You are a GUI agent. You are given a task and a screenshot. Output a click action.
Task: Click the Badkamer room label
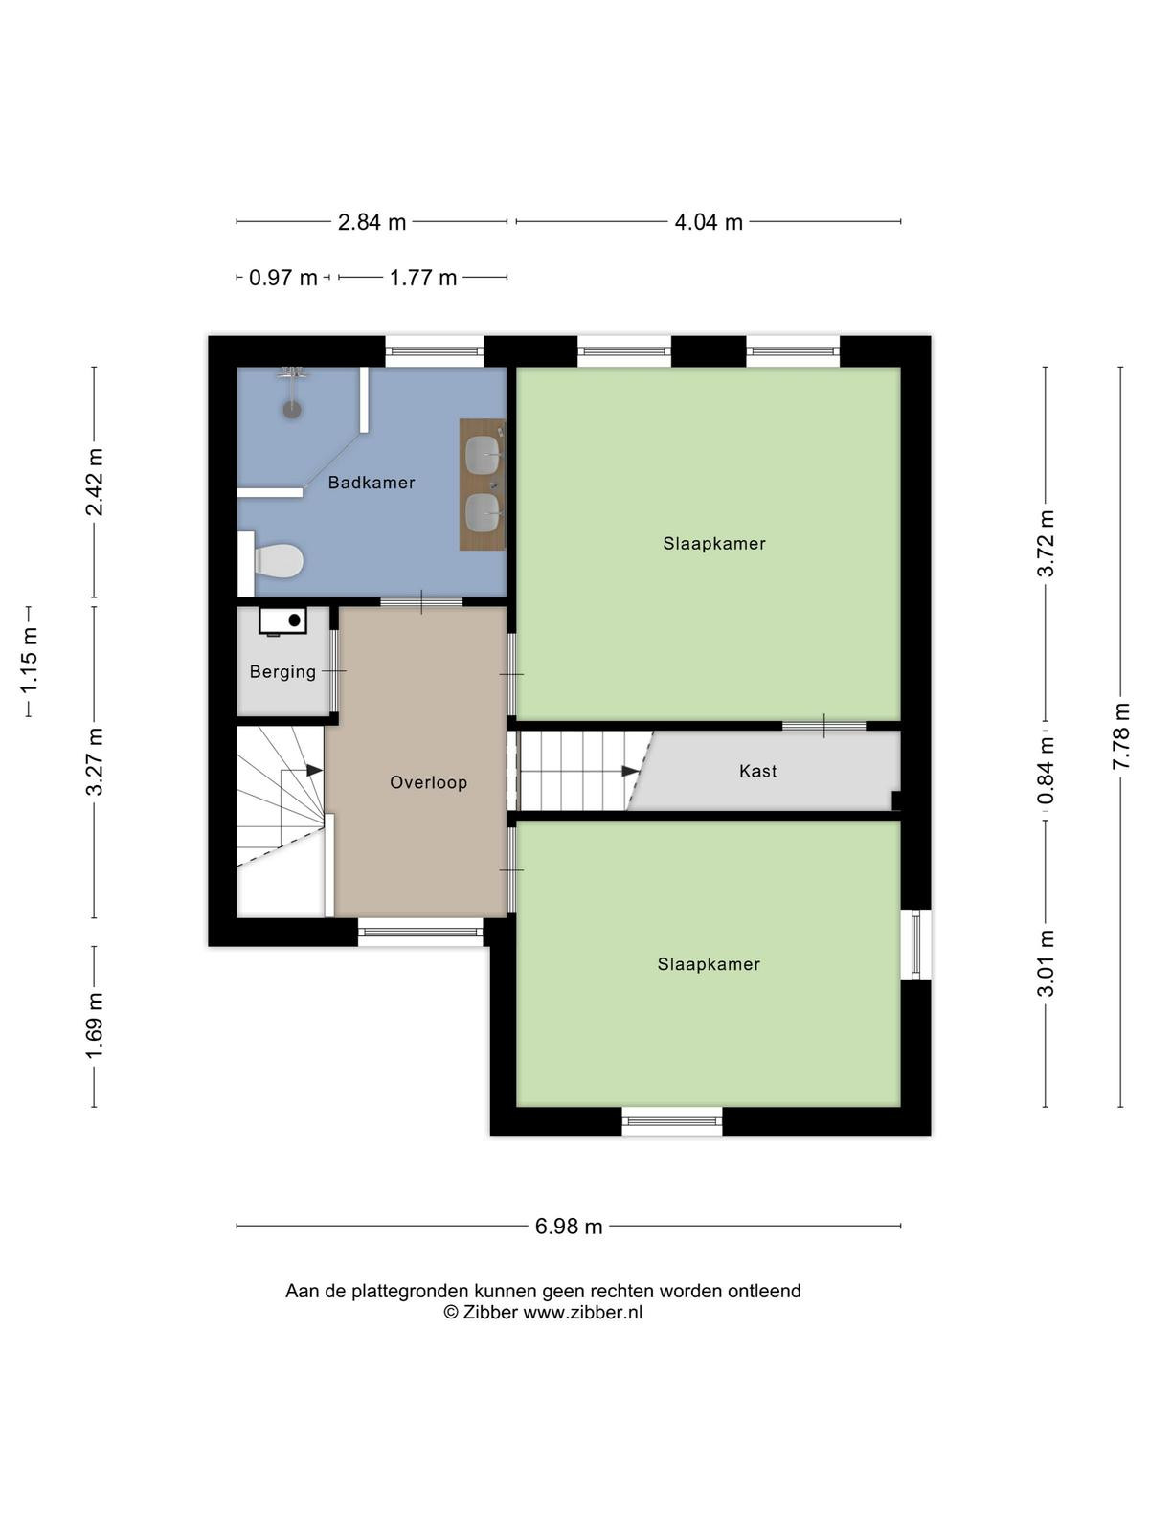tap(372, 483)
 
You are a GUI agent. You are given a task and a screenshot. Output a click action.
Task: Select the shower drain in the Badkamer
tap(292, 409)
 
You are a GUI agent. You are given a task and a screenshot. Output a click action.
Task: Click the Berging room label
tap(282, 671)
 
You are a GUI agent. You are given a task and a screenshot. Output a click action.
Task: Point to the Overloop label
tap(428, 782)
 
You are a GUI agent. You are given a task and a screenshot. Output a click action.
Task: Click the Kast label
tap(757, 771)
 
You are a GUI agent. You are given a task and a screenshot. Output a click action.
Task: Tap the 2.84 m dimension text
tap(372, 222)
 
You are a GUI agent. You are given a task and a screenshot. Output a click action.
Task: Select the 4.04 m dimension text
tap(709, 222)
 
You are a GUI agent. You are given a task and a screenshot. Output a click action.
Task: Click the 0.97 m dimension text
tap(283, 278)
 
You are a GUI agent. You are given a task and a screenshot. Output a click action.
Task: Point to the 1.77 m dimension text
tap(423, 278)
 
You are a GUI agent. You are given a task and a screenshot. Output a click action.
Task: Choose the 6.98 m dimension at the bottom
tap(569, 1227)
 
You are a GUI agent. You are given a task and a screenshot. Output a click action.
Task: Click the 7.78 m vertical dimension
tap(1121, 736)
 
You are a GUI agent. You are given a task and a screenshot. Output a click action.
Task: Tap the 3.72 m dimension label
tap(1045, 544)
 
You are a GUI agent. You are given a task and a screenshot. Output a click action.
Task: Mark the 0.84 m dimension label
tap(1045, 771)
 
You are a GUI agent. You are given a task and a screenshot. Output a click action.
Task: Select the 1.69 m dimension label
tap(94, 1025)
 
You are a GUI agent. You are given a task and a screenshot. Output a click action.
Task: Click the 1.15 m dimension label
tap(29, 662)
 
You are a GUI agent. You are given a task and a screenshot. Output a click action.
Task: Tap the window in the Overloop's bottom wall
tap(420, 932)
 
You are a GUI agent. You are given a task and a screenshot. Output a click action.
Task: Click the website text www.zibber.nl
tap(582, 1313)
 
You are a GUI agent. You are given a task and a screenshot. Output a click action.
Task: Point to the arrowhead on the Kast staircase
tap(630, 771)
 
